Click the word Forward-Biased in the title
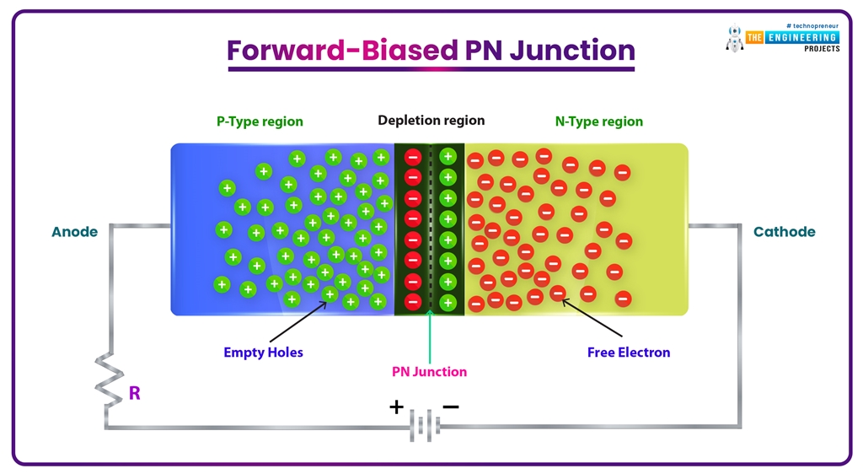coord(343,51)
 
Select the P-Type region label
coord(260,121)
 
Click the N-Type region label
coord(598,121)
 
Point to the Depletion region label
coord(431,121)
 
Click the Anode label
coord(75,232)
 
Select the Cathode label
coord(784,232)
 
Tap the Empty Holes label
coord(263,353)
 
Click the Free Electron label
coord(629,353)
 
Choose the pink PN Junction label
coord(429,372)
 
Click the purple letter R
coord(134,392)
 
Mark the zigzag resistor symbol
coord(108,380)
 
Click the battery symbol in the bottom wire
coord(425,426)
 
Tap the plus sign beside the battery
coord(396,407)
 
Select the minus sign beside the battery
coord(451,407)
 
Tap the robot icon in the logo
coord(733,38)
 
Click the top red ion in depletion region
coord(413,157)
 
